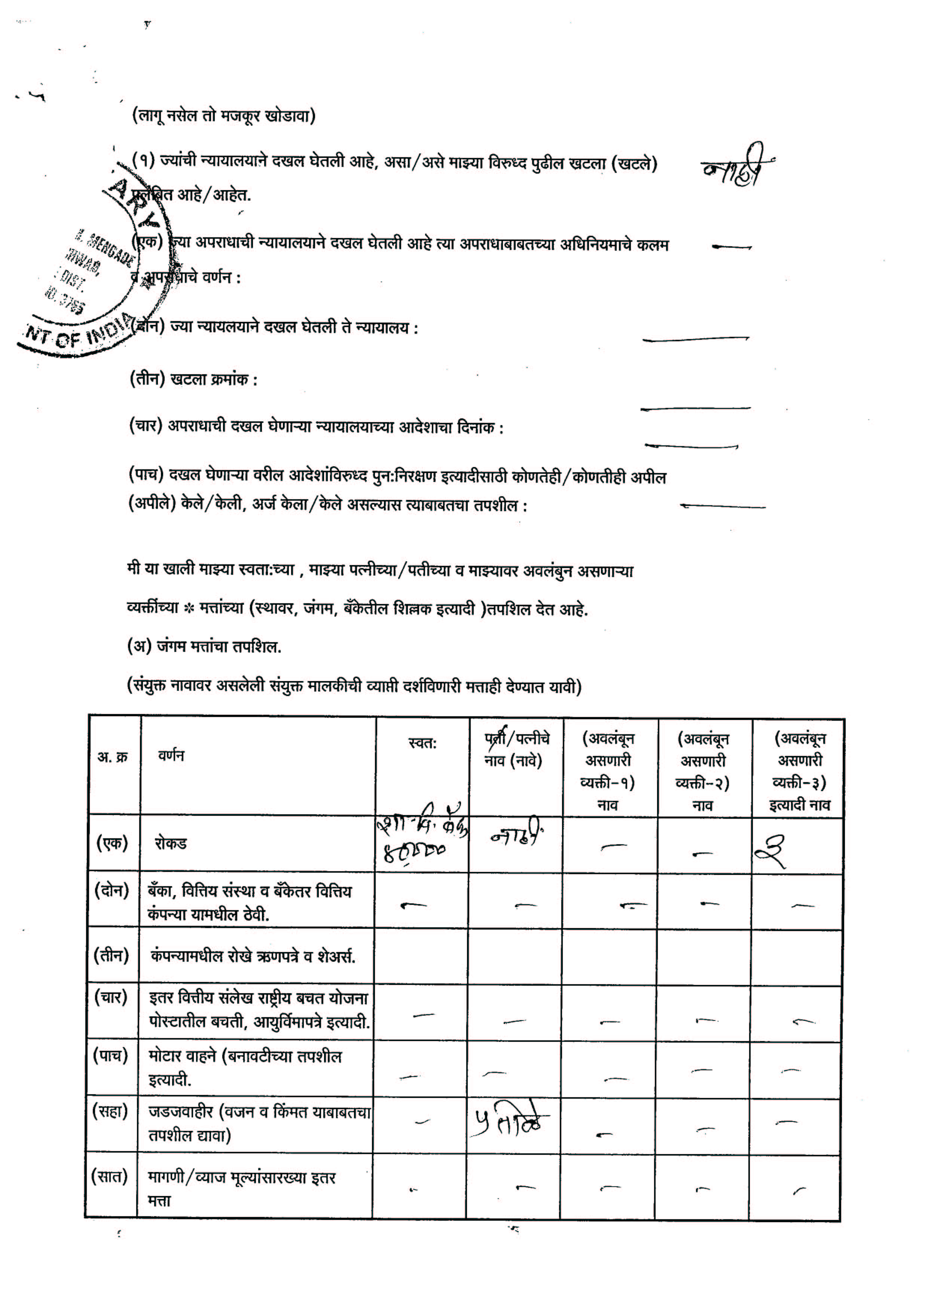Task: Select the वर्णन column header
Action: [x=171, y=756]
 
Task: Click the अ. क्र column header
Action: [x=113, y=757]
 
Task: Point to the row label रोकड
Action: [x=171, y=843]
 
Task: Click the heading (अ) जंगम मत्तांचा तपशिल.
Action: [x=204, y=647]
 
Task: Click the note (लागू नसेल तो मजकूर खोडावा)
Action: [x=224, y=116]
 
